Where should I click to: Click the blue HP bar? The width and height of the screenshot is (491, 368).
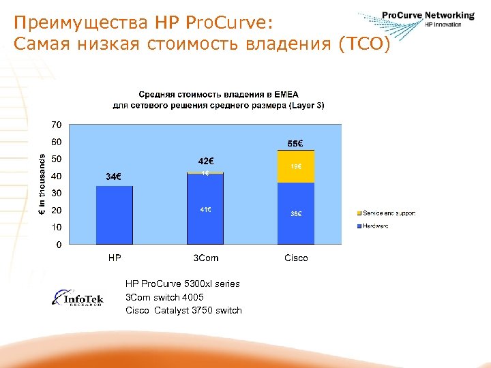114,215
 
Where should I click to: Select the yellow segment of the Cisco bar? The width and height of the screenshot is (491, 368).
296,167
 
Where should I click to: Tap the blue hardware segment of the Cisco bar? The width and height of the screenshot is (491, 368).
296,213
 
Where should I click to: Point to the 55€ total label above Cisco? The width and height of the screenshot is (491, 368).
296,144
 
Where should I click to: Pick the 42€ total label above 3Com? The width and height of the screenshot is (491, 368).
205,162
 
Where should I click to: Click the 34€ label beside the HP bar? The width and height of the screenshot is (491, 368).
114,177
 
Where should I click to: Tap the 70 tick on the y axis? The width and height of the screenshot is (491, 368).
55,125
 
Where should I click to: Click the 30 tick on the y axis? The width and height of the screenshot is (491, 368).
55,194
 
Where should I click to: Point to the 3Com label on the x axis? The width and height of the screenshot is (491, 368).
205,258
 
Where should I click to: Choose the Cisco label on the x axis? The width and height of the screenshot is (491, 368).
296,258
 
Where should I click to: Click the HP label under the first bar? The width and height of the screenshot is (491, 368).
115,258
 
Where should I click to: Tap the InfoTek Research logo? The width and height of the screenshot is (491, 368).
78,298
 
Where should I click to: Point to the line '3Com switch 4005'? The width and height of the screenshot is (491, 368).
164,297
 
